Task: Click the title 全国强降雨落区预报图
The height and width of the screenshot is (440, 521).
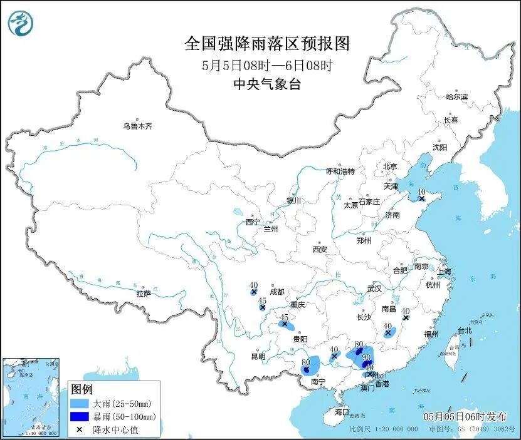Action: click(266, 44)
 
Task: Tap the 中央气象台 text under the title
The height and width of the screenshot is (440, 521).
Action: click(266, 84)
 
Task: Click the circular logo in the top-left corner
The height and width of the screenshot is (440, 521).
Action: click(21, 24)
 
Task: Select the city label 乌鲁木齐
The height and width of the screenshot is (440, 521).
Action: click(137, 126)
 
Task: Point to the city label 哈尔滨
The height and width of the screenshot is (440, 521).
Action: click(456, 97)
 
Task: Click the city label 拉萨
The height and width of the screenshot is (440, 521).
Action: click(144, 294)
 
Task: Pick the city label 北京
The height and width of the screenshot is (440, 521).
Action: click(390, 166)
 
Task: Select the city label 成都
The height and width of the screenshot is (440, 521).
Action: click(276, 292)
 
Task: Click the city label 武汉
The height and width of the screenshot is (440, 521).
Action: click(374, 289)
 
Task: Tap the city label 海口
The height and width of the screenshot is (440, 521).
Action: click(341, 412)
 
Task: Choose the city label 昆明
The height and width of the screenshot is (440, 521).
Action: click(258, 357)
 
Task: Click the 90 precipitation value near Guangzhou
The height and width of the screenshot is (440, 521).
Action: click(367, 357)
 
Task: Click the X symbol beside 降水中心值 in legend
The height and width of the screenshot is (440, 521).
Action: click(79, 429)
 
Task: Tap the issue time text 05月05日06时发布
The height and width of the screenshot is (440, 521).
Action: click(464, 416)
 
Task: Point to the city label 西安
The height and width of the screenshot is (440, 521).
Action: click(320, 249)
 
